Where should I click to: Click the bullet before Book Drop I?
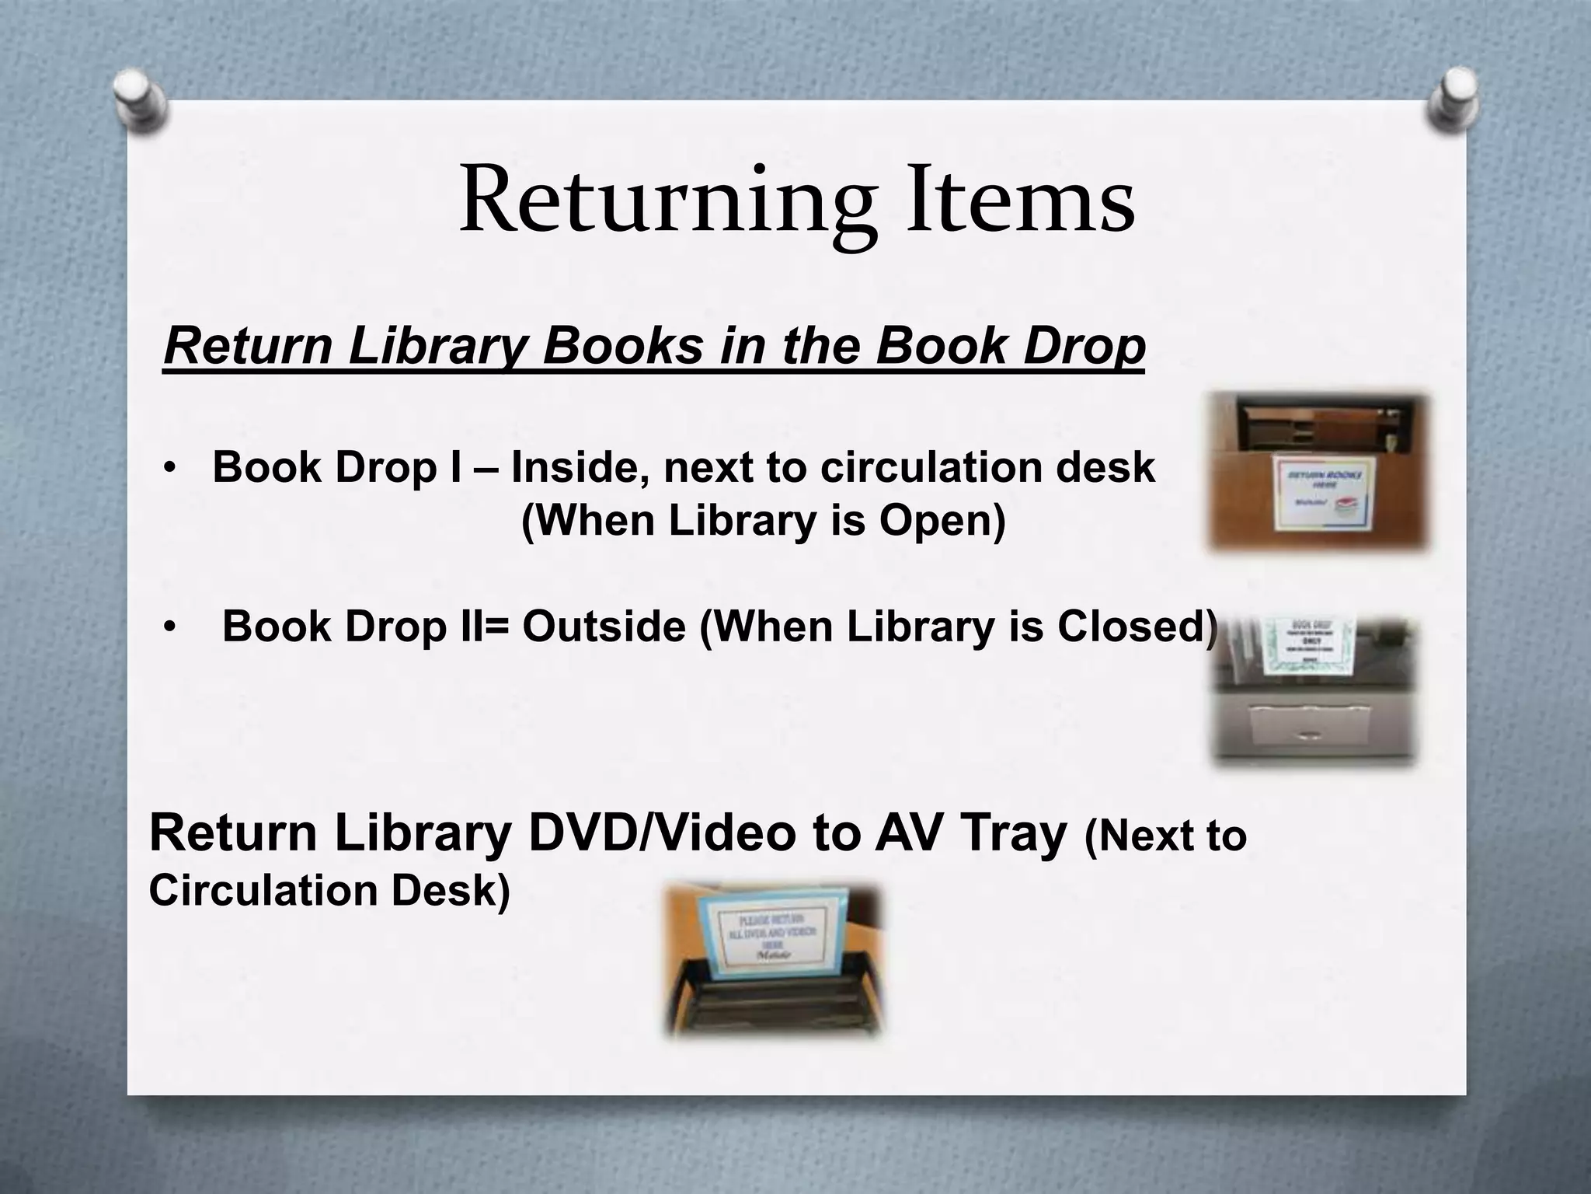point(169,469)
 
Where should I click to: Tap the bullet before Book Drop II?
point(169,627)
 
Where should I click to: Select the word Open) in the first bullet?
point(942,520)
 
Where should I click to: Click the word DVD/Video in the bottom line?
point(662,833)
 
